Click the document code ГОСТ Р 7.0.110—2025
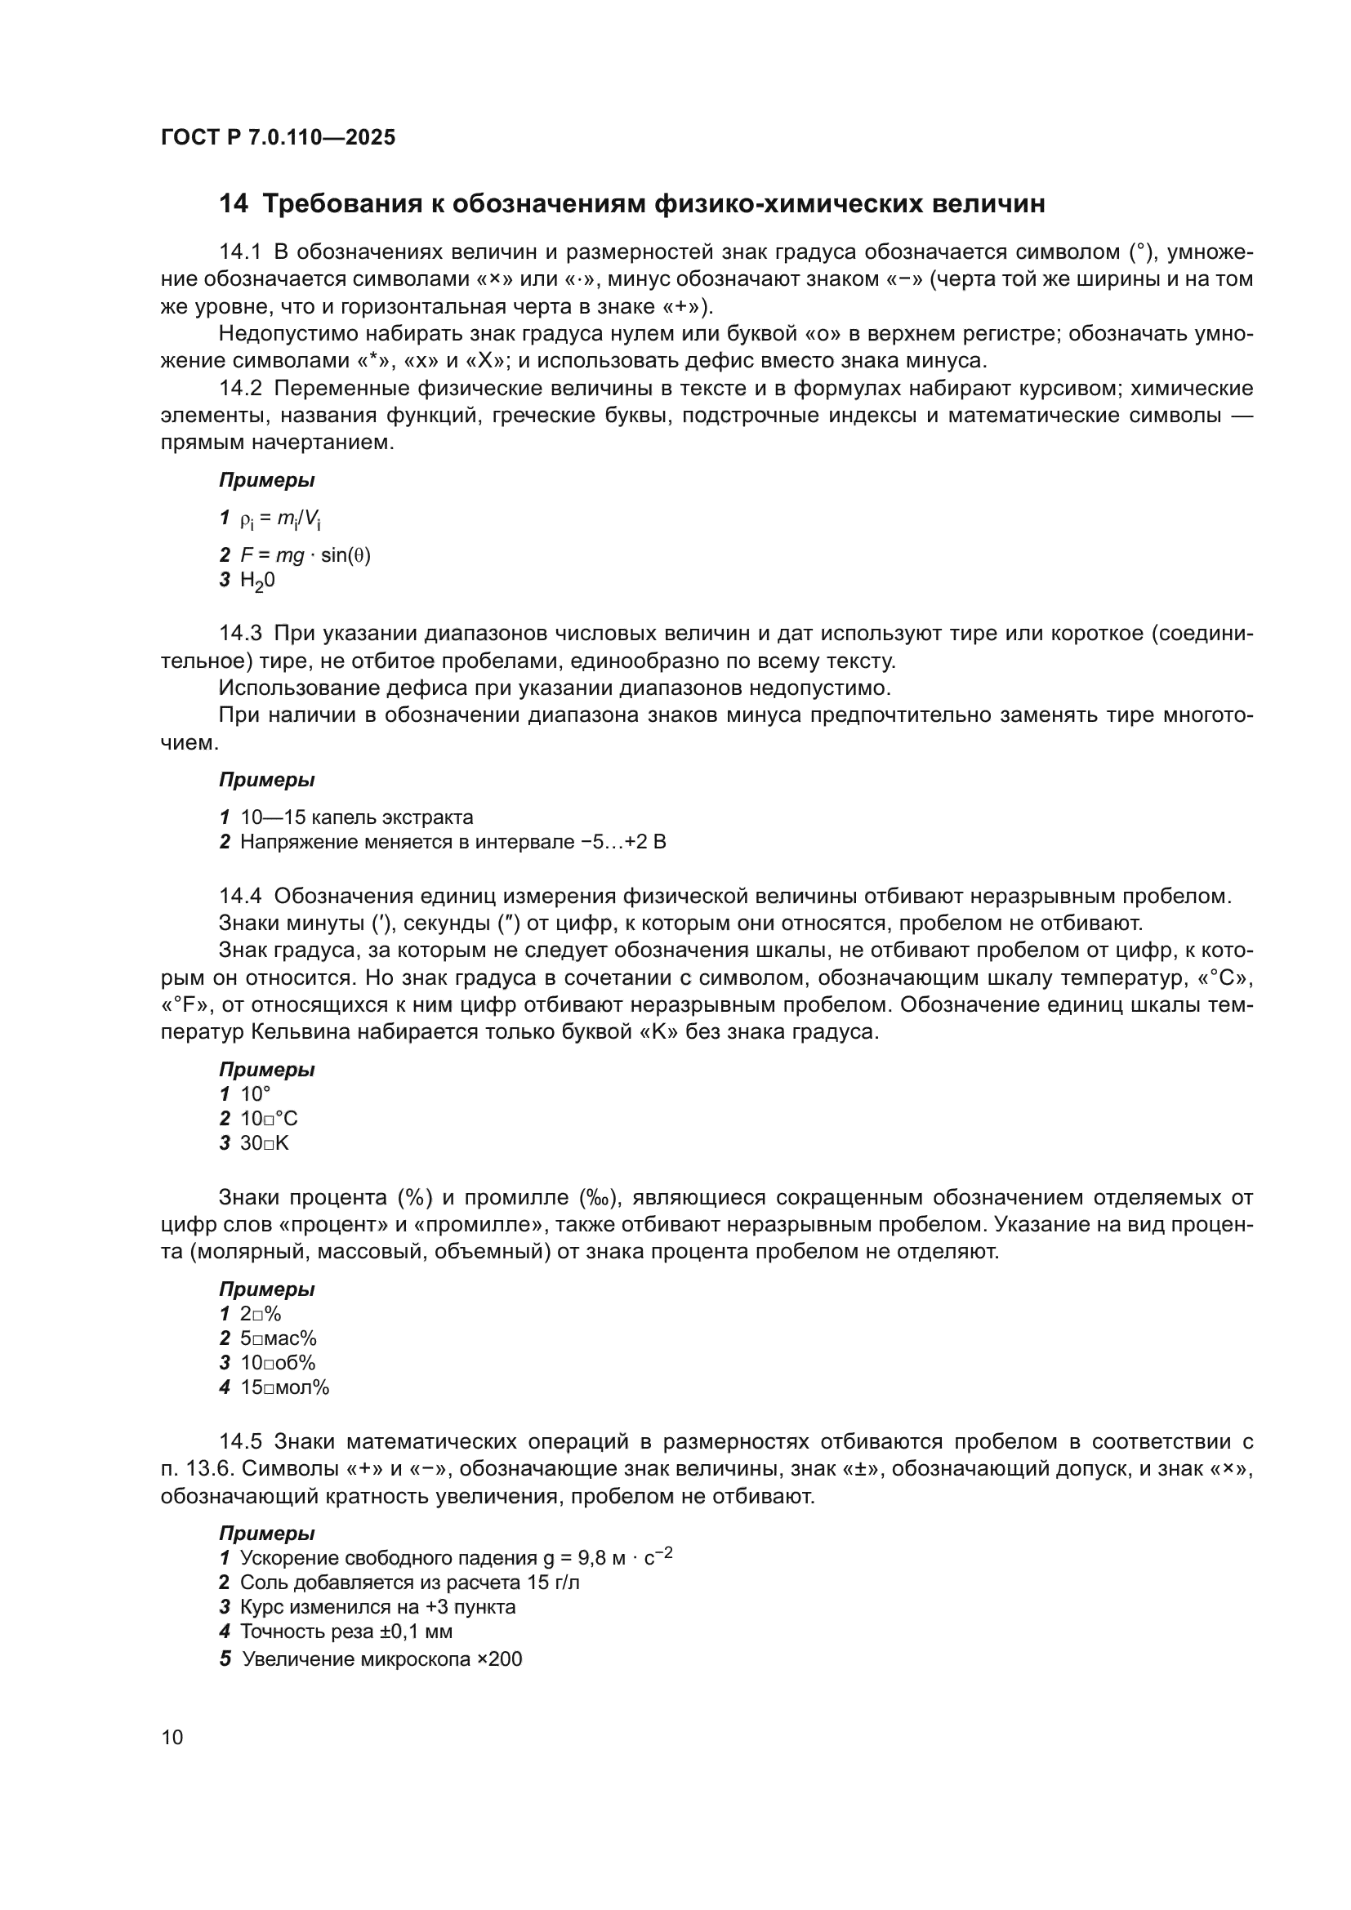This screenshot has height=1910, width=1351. tap(278, 137)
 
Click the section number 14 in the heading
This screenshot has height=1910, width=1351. tap(233, 204)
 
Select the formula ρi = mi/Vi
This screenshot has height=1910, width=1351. tap(280, 520)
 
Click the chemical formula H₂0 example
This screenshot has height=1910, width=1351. tap(257, 581)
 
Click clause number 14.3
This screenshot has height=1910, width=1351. tap(240, 633)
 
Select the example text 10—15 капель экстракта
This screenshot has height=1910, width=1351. tap(356, 817)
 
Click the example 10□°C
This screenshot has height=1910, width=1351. tap(269, 1119)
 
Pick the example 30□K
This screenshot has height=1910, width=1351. tap(265, 1143)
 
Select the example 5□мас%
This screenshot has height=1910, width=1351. tap(278, 1338)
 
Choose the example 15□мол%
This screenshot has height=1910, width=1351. tap(284, 1387)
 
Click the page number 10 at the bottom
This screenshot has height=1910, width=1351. tap(172, 1738)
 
